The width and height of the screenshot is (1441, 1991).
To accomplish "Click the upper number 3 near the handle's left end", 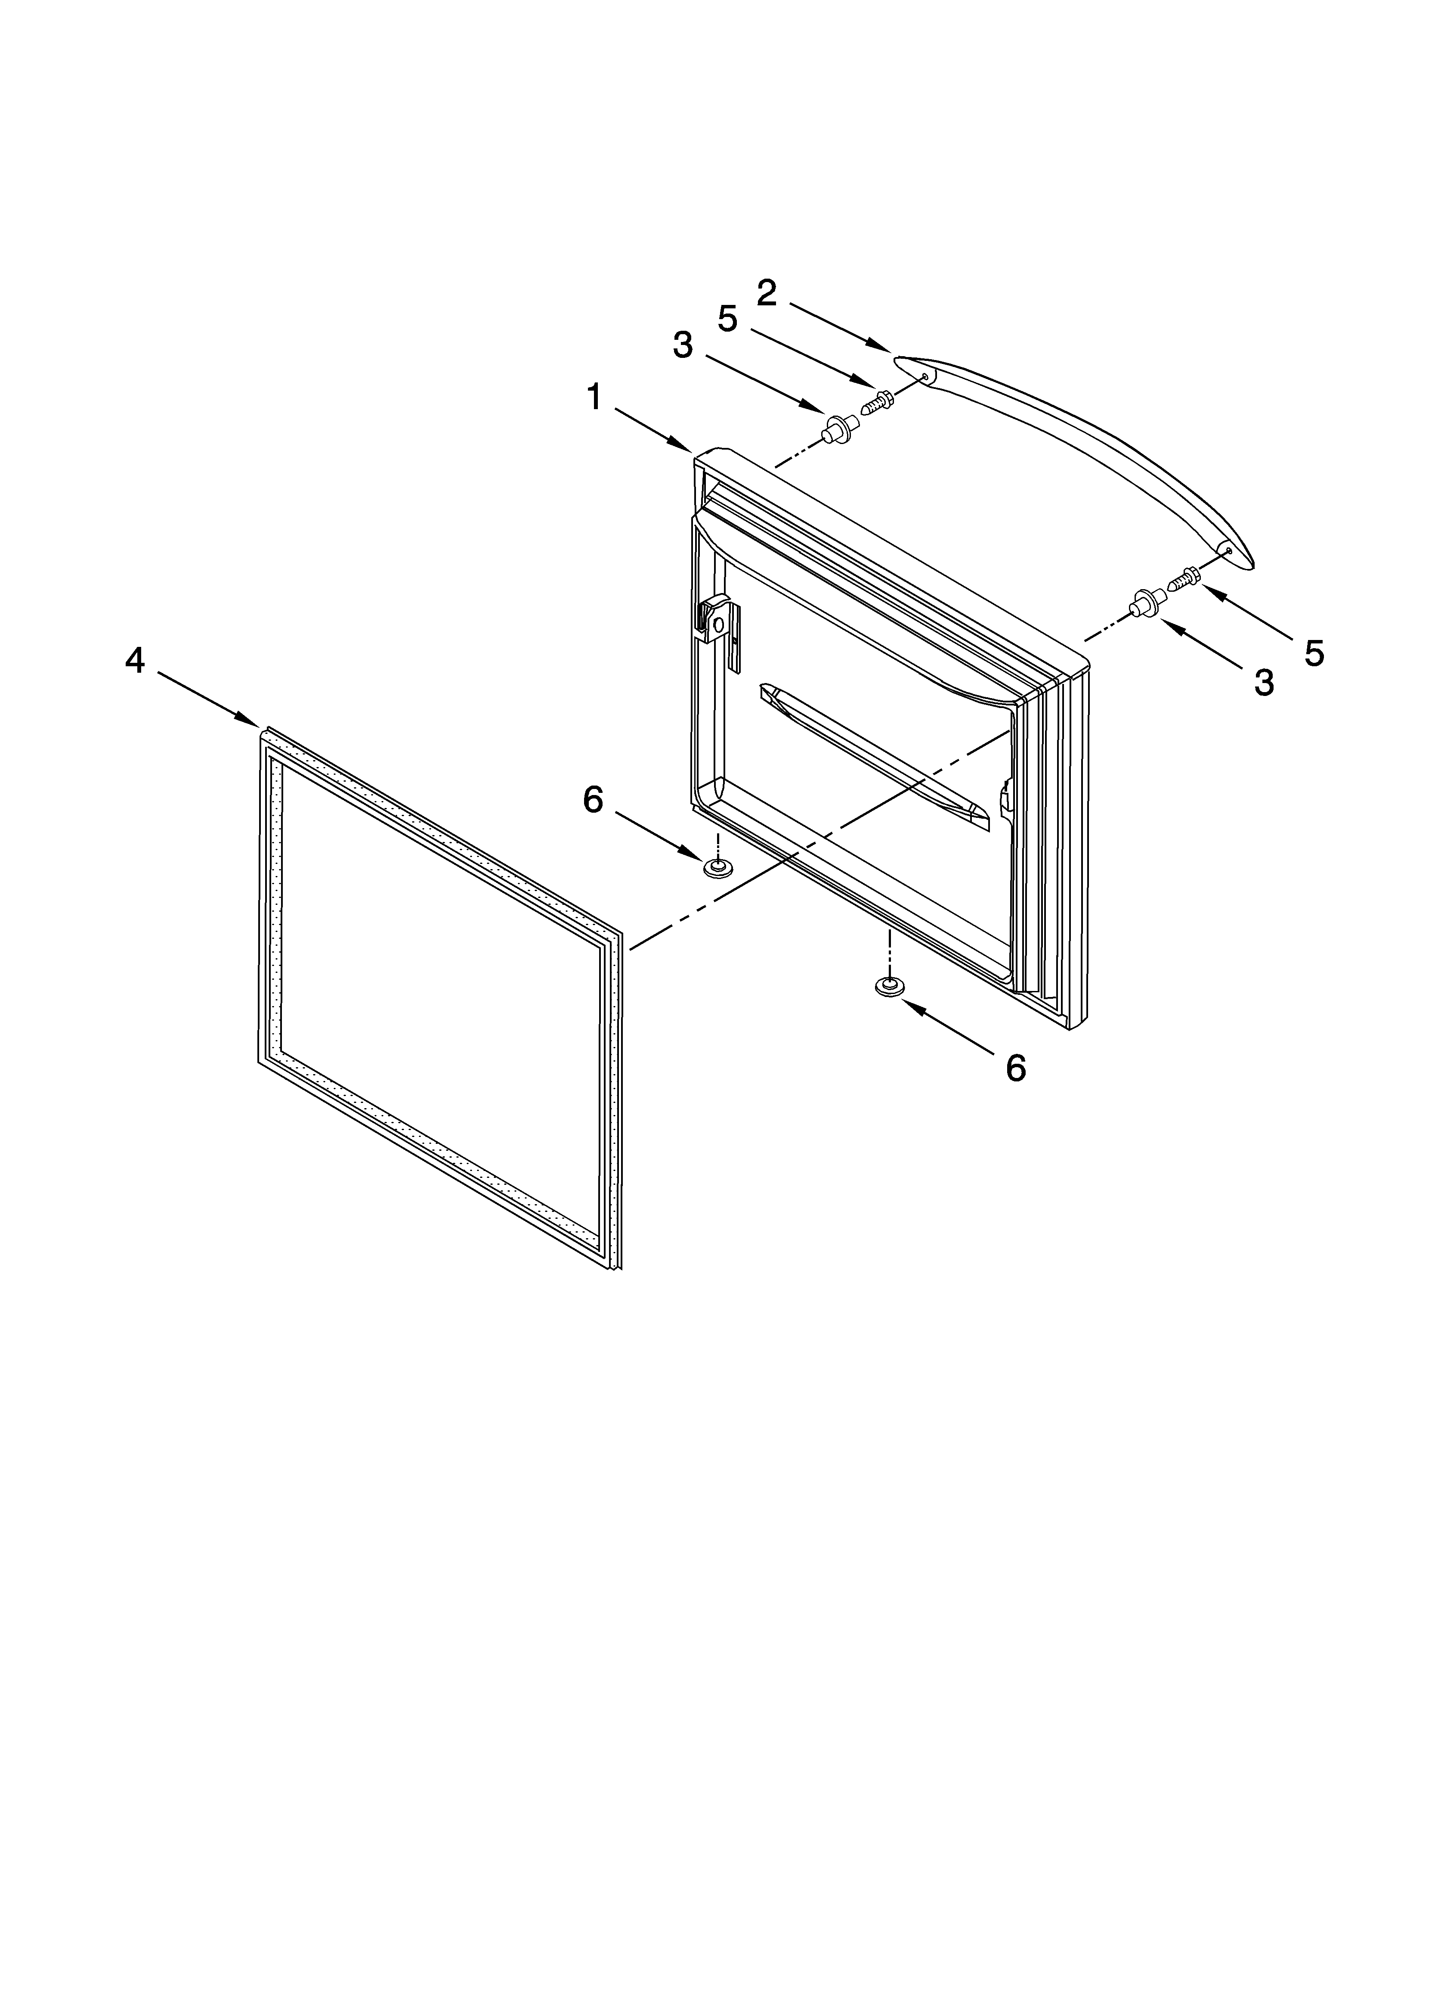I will click(683, 345).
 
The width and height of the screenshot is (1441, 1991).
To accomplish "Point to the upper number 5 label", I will click(727, 319).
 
